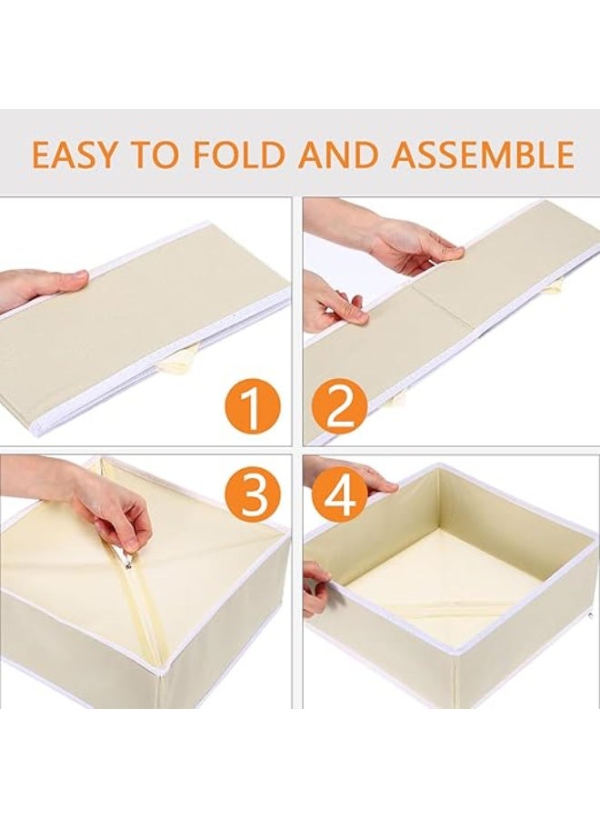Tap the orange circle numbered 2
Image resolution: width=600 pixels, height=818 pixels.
tap(341, 406)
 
